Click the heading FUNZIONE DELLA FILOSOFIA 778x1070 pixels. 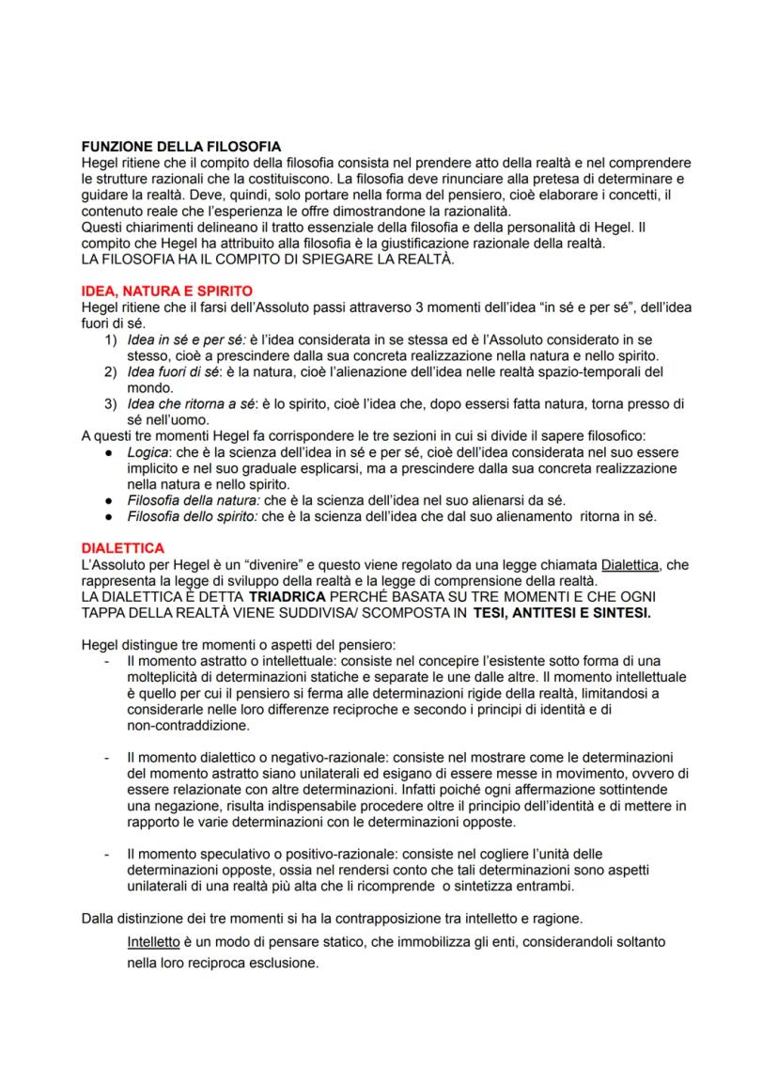pos(180,147)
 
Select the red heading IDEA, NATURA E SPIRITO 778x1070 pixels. pos(166,291)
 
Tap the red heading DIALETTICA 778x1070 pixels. pos(123,547)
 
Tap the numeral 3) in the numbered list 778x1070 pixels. pos(110,404)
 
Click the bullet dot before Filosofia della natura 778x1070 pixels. pos(111,500)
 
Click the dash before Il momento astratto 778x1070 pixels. pos(109,661)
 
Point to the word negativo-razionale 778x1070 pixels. pos(327,757)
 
